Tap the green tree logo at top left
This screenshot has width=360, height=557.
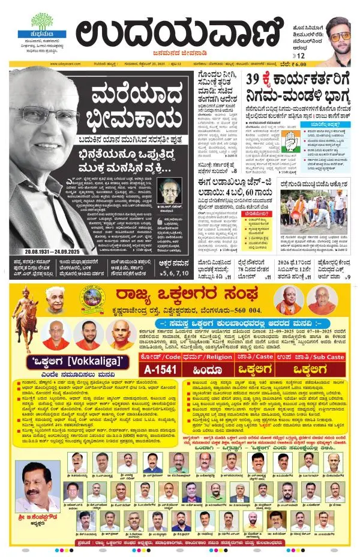point(42,22)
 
